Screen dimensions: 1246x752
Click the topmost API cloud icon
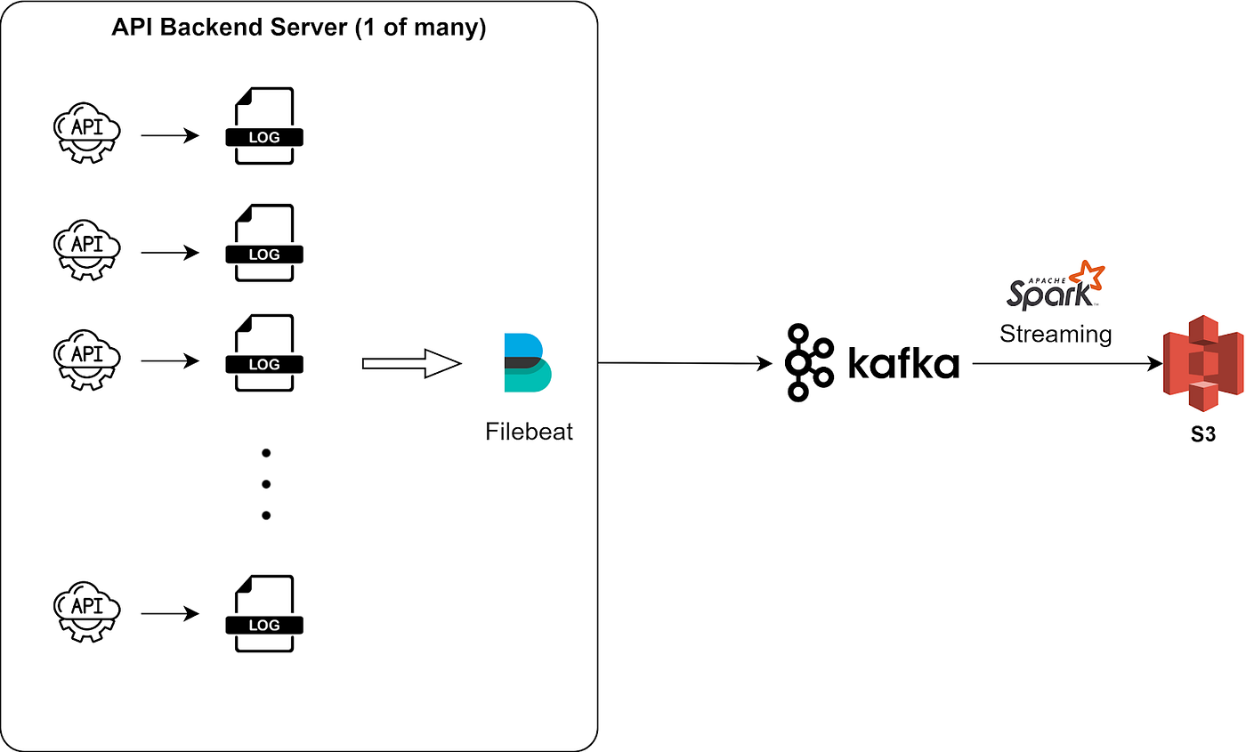(x=87, y=133)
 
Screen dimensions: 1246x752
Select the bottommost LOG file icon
(x=264, y=613)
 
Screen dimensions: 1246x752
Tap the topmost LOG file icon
(x=264, y=125)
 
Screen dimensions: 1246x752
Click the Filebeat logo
(x=528, y=363)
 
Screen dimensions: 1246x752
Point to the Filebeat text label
(x=529, y=432)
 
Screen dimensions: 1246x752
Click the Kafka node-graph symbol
(x=809, y=363)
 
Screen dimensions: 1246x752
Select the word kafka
(x=904, y=364)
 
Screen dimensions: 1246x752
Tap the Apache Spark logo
(x=1056, y=286)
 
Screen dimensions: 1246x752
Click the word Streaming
(x=1056, y=335)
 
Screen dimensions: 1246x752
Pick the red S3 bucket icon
(x=1203, y=363)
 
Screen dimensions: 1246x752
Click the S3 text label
(x=1203, y=434)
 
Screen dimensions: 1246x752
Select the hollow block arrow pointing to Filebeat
(x=411, y=364)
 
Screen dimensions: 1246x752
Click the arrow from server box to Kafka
(x=684, y=363)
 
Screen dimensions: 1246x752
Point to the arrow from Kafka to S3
(x=1067, y=364)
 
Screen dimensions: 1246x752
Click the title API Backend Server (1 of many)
(x=299, y=28)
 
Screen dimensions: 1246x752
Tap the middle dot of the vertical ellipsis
(x=266, y=484)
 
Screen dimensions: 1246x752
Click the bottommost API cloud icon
(x=87, y=612)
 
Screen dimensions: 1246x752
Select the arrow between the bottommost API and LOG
(x=170, y=613)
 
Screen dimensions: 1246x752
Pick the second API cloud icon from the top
(x=87, y=250)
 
